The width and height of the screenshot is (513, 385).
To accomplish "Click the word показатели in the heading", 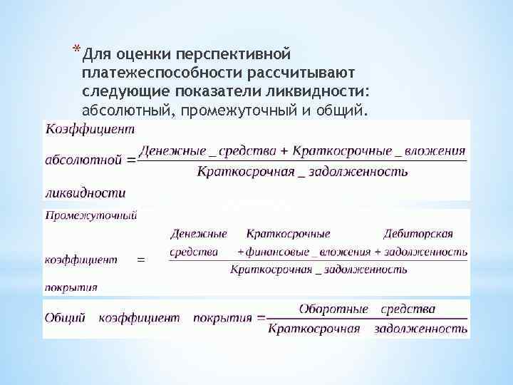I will tap(232, 92).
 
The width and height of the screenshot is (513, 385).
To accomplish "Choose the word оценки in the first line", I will tap(142, 55).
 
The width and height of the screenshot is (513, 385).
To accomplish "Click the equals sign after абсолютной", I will tap(130, 160).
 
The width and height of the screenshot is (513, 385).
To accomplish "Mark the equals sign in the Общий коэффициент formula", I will tap(261, 318).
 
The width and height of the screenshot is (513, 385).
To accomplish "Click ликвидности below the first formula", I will tap(85, 192).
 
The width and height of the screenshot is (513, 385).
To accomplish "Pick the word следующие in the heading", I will tap(123, 92).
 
